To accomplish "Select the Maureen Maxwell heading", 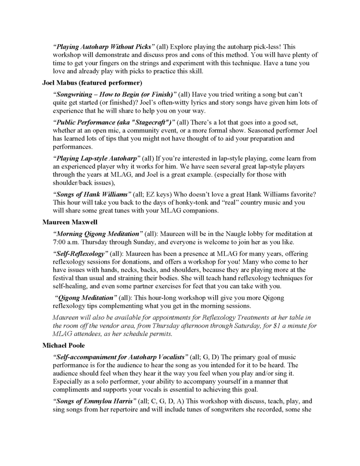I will [x=71, y=222].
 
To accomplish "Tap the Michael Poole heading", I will [x=65, y=345].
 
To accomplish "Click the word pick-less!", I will [x=268, y=47].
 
